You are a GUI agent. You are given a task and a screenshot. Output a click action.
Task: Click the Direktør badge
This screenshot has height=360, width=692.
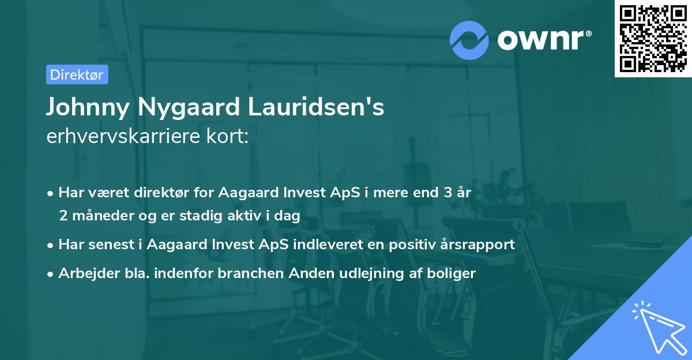pyautogui.click(x=77, y=74)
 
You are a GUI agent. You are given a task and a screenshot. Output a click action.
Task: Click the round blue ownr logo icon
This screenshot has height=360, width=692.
pyautogui.click(x=469, y=40)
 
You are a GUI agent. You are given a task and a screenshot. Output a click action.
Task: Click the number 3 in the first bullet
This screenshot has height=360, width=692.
pyautogui.click(x=447, y=193)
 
